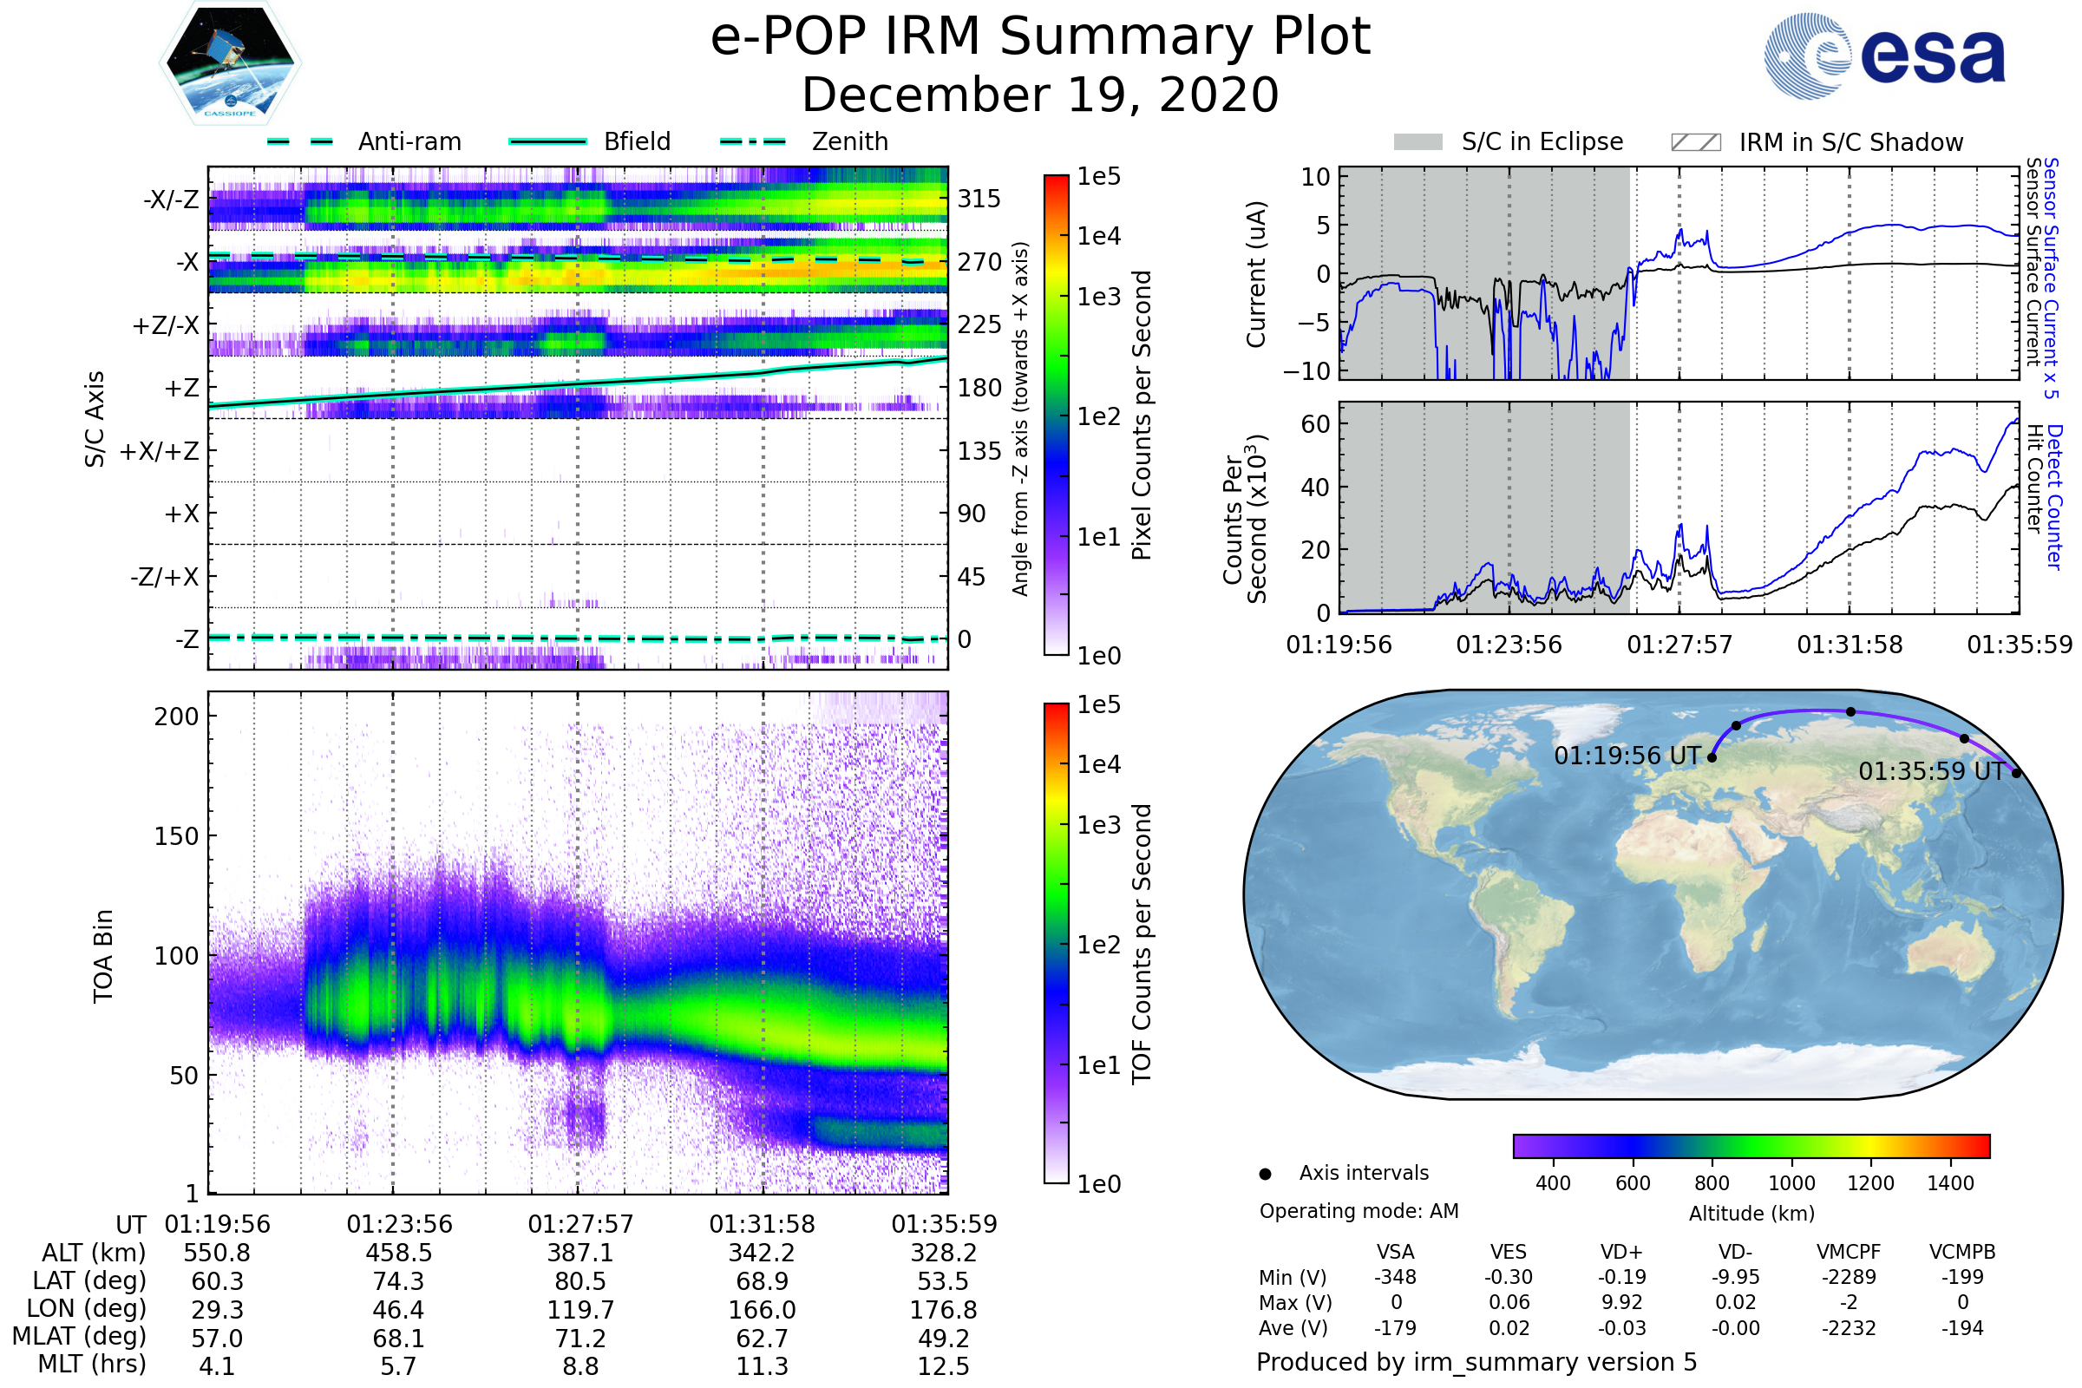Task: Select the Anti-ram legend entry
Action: [x=409, y=141]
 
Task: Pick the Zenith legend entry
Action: [x=849, y=141]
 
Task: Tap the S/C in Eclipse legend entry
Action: [x=1542, y=141]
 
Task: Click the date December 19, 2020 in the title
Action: [x=1040, y=95]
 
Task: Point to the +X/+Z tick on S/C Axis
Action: [x=160, y=451]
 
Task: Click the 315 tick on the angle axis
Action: [x=979, y=199]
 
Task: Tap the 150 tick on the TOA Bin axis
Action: [x=176, y=836]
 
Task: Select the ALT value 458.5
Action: [x=399, y=1253]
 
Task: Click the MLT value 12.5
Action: [x=944, y=1365]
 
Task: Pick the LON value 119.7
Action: [x=580, y=1309]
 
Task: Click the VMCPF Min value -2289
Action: [x=1849, y=1277]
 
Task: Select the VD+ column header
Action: [x=1621, y=1252]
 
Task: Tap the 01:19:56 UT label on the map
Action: [x=1627, y=756]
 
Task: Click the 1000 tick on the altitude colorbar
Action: [x=1791, y=1183]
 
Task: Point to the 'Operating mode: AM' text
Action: [x=1359, y=1211]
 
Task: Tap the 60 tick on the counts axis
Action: [x=1315, y=424]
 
